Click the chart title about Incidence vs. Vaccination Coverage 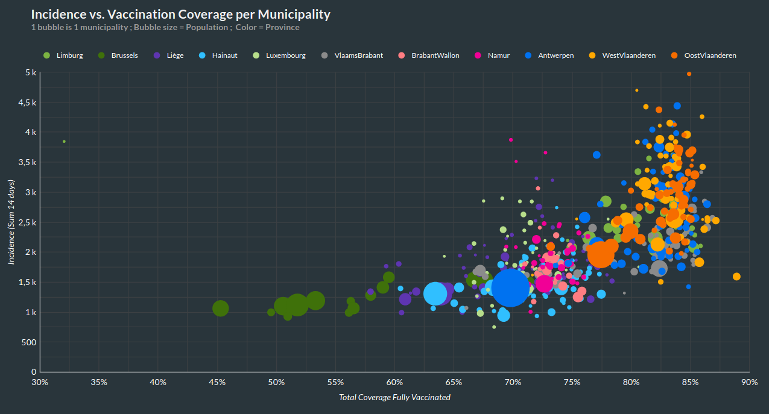point(180,14)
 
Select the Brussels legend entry point(124,55)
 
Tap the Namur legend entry point(498,55)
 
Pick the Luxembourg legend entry point(285,55)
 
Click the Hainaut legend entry point(224,55)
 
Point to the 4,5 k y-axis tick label point(27,102)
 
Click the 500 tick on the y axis point(30,342)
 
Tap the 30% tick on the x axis point(40,382)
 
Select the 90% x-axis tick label point(749,382)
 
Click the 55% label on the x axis point(335,382)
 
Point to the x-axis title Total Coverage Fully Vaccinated point(394,397)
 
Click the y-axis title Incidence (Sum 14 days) point(11,222)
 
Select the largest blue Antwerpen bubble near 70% point(510,287)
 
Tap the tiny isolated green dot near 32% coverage point(64,142)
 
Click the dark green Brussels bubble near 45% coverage point(221,309)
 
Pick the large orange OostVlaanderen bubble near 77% point(600,254)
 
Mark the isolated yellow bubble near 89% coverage point(736,277)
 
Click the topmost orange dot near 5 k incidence point(689,74)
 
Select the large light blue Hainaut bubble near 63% point(435,293)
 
